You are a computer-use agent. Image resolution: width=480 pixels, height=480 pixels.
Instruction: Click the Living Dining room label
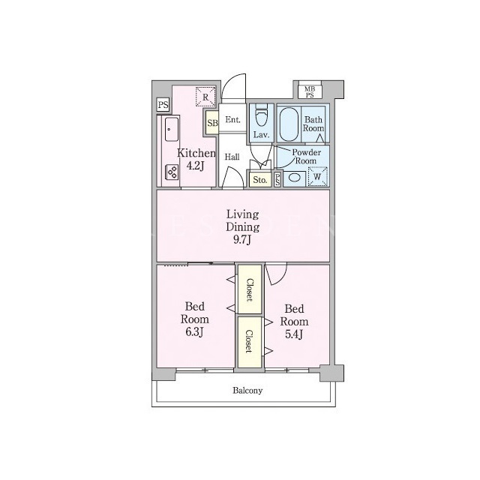coord(243,226)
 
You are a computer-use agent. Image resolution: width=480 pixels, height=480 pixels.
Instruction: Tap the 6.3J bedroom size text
coord(194,332)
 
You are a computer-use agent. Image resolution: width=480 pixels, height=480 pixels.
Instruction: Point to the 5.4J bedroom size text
coord(294,334)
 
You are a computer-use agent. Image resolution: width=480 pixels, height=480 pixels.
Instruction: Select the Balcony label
coord(247,391)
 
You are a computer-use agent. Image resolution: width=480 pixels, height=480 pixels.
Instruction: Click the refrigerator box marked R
coord(205,97)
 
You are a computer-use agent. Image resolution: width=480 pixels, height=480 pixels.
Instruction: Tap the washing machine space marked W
coord(318,177)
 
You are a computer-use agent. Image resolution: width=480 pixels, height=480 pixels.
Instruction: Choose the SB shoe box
coord(212,122)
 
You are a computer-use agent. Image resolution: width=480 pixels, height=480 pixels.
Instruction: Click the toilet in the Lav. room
coord(261,115)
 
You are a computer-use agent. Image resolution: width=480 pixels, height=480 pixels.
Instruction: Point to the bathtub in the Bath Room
coord(289,124)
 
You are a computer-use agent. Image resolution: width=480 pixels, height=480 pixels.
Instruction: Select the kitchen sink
coord(172,129)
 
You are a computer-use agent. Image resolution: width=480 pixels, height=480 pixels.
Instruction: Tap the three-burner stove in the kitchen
coord(172,172)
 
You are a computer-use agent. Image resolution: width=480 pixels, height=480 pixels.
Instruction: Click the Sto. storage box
coord(260,180)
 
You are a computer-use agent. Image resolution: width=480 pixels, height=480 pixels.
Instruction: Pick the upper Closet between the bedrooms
coord(250,289)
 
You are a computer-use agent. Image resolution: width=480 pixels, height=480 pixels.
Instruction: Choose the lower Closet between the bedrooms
coord(250,342)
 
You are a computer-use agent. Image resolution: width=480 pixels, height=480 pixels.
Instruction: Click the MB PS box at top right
coord(310,91)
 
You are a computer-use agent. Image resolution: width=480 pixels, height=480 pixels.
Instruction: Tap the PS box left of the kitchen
coord(163,105)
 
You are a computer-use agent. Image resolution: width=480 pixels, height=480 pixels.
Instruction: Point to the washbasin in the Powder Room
coord(295,178)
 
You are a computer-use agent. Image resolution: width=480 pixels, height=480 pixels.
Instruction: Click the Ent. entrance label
coord(232,120)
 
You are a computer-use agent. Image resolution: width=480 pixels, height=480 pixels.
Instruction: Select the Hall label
coord(232,157)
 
